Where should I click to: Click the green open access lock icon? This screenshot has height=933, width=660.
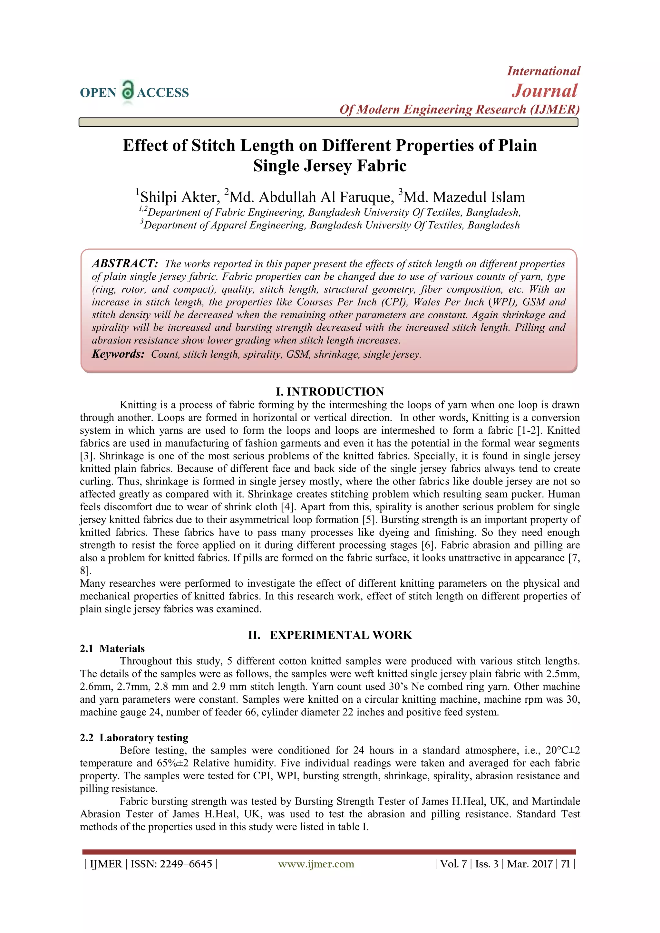(x=128, y=90)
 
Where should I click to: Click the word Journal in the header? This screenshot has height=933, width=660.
(x=544, y=91)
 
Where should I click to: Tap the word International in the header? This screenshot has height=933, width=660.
(x=543, y=71)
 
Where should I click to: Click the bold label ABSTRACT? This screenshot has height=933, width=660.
(x=125, y=263)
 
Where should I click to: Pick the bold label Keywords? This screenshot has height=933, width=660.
(x=118, y=354)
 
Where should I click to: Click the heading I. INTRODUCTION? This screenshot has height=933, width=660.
(x=330, y=391)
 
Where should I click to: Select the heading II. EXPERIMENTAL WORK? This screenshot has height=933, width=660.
(x=330, y=635)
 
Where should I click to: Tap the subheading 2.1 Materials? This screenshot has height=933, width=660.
(x=112, y=649)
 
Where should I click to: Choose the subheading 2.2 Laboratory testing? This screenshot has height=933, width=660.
(x=134, y=737)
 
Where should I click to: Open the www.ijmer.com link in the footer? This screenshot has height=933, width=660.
(x=316, y=864)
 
